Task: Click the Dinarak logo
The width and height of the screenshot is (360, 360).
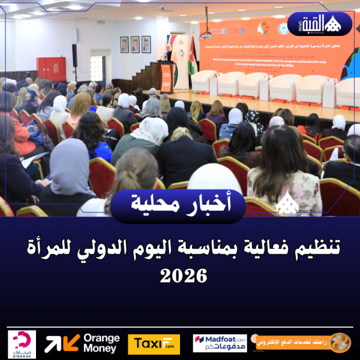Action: pyautogui.click(x=22, y=344)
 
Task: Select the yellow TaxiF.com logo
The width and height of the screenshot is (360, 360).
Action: pyautogui.click(x=154, y=344)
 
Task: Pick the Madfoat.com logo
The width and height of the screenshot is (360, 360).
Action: pyautogui.click(x=220, y=343)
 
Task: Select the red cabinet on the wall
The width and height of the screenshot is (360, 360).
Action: pyautogui.click(x=52, y=68)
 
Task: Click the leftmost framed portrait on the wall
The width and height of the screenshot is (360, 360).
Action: pyautogui.click(x=124, y=44)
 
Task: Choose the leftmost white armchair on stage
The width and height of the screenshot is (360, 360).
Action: pyautogui.click(x=204, y=82)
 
